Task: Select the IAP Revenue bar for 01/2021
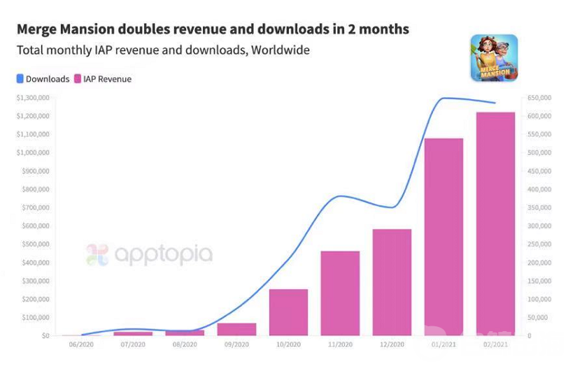coord(443,237)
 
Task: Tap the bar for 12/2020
coord(392,282)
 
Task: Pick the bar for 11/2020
coord(340,293)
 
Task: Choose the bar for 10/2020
coord(288,312)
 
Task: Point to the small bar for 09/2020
coord(236,329)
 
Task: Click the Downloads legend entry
coord(43,79)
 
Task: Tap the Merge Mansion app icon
coord(494,58)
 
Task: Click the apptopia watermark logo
coord(149,254)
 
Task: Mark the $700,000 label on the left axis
coord(35,208)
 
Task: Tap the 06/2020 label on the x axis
coord(81,344)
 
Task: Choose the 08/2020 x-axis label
coord(185,344)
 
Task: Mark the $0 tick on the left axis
coord(44,335)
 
